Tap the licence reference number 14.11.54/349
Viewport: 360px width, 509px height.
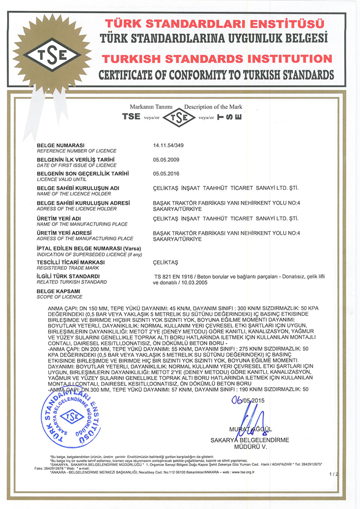[x=169, y=146]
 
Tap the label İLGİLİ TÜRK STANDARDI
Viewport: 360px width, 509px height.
[x=68, y=276]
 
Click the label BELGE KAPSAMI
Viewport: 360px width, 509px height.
[x=58, y=291]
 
